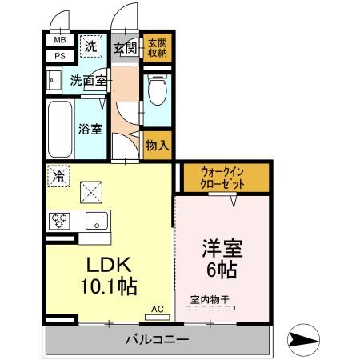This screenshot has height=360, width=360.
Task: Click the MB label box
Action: tap(60, 39)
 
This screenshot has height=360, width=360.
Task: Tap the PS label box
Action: tap(60, 55)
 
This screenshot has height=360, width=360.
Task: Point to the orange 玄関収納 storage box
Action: tap(156, 47)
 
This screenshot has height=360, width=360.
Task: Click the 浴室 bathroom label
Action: tap(90, 128)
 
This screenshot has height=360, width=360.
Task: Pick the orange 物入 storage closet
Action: tap(157, 145)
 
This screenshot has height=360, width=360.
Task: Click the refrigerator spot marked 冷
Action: tap(58, 175)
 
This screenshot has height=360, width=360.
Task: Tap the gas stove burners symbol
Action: tap(62, 219)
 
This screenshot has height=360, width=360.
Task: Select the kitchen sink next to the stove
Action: tap(96, 220)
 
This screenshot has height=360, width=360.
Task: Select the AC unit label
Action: tap(157, 307)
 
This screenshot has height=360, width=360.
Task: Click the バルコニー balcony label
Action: tap(157, 340)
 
